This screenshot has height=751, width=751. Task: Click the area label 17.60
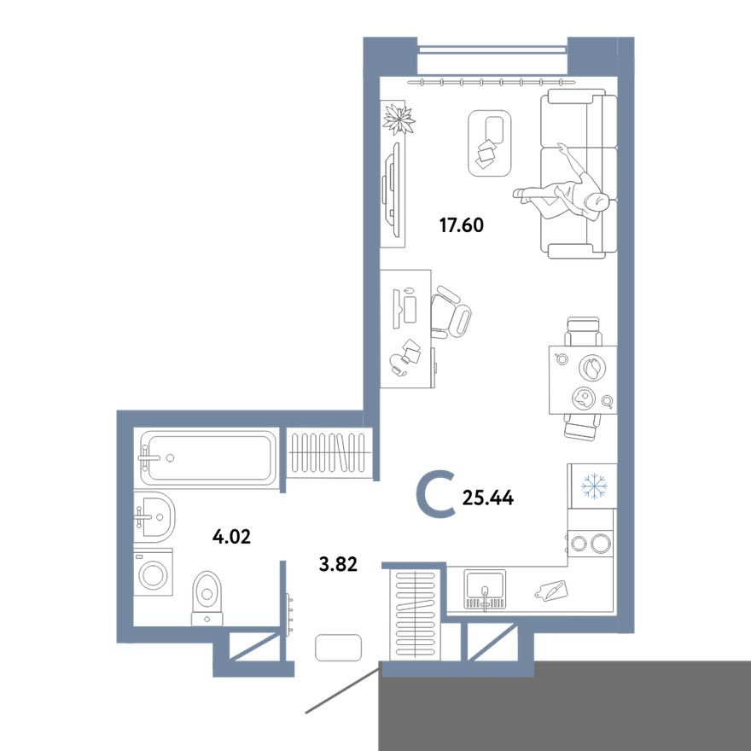pyautogui.click(x=461, y=226)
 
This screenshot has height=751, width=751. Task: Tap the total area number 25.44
pyautogui.click(x=488, y=498)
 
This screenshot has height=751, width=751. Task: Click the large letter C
pyautogui.click(x=437, y=497)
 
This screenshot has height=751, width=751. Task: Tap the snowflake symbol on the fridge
pyautogui.click(x=592, y=486)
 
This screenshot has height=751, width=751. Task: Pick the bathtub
pyautogui.click(x=208, y=458)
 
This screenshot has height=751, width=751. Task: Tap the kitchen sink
pyautogui.click(x=485, y=590)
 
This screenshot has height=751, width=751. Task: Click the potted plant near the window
pyautogui.click(x=398, y=119)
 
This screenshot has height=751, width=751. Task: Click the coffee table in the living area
pyautogui.click(x=490, y=142)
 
